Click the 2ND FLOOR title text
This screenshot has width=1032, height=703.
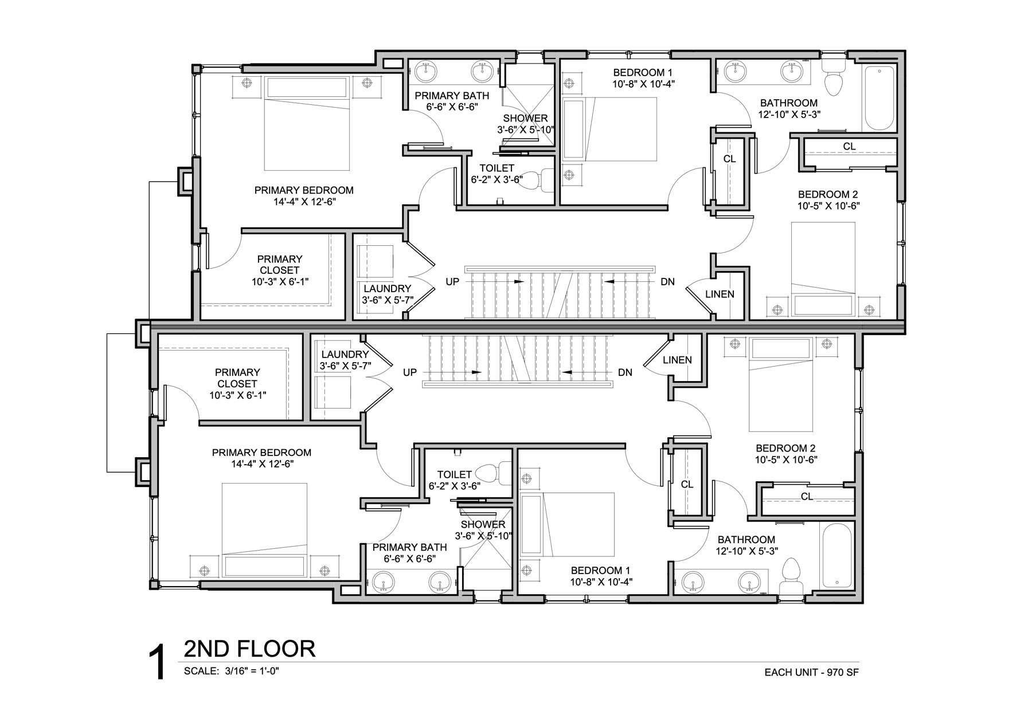pos(249,649)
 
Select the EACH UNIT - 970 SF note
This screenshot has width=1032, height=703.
pos(811,672)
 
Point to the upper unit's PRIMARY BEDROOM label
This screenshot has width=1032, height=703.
pos(304,190)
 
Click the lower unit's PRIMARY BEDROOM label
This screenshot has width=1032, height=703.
pos(261,453)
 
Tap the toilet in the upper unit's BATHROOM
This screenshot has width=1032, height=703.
pos(834,80)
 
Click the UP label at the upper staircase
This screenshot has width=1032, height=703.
pos(453,282)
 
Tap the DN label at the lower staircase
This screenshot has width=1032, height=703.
pos(625,372)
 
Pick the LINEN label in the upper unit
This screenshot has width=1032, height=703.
pos(720,294)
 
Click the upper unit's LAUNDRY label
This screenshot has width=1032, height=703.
pos(387,289)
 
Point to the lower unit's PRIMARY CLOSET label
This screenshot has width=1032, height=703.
pos(237,378)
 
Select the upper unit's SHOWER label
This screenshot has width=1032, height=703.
pos(526,119)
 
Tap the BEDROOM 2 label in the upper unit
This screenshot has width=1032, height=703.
pos(828,194)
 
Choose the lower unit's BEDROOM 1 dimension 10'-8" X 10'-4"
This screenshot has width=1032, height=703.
pos(600,582)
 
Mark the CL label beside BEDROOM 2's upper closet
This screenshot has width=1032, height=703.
pos(849,147)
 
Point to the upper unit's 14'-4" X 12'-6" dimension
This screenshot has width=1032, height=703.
pos(304,202)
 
